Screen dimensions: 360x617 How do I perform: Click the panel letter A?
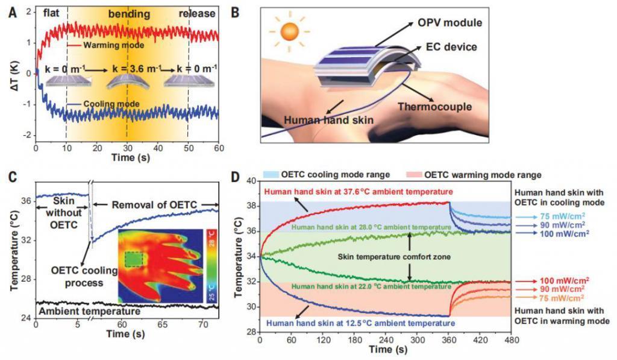pyautogui.click(x=12, y=10)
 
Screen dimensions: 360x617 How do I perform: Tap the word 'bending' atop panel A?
pyautogui.click(x=128, y=13)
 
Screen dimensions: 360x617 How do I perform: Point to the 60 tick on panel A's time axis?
pyautogui.click(x=219, y=148)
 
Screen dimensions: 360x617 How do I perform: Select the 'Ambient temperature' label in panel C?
pyautogui.click(x=89, y=311)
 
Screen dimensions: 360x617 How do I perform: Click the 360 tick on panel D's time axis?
pyautogui.click(x=449, y=340)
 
